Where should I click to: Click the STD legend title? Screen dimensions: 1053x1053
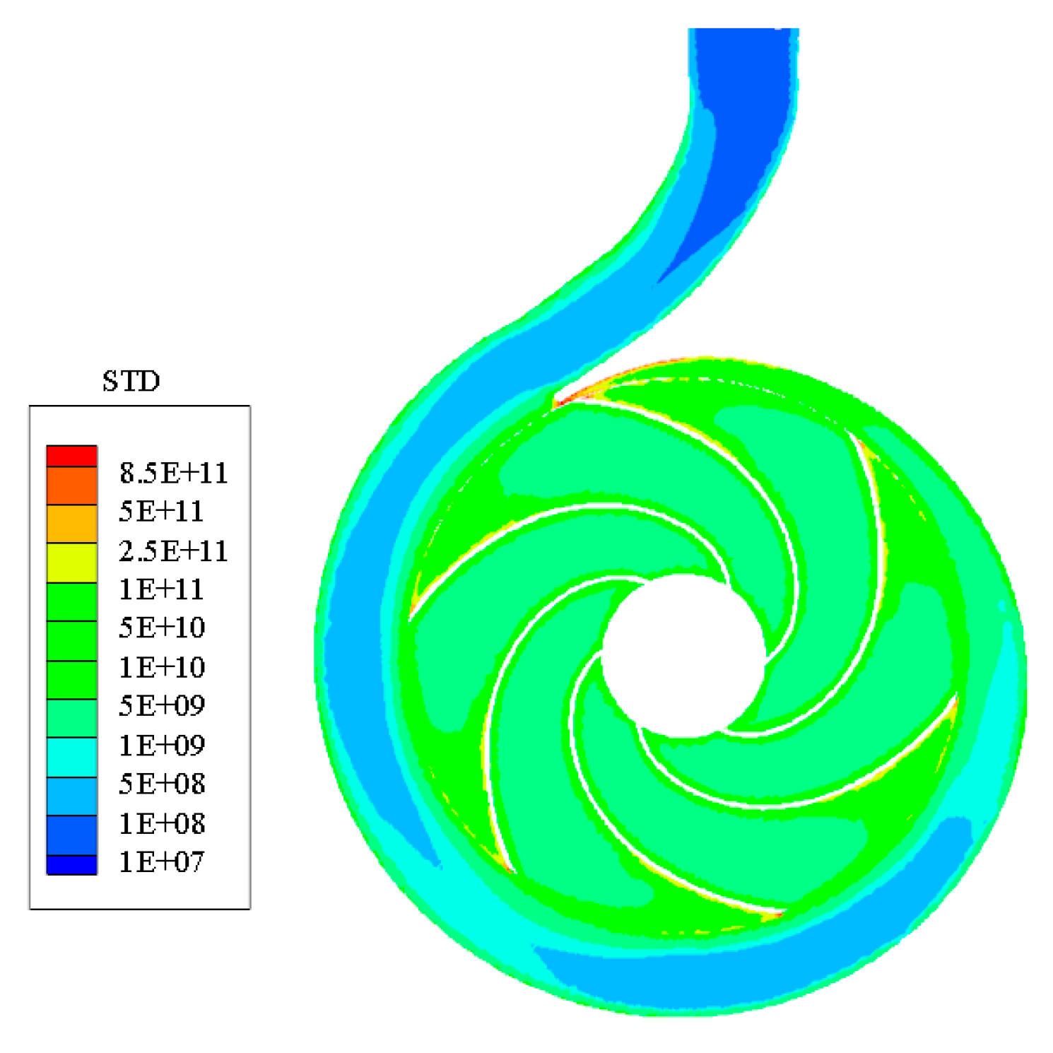131,381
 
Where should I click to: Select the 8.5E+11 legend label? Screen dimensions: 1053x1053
174,473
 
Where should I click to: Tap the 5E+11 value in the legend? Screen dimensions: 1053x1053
162,511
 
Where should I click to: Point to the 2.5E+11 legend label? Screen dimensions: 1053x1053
174,551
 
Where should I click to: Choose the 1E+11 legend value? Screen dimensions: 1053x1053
162,589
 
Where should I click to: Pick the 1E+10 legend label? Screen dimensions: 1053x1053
162,666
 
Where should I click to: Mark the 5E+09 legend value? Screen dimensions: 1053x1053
162,705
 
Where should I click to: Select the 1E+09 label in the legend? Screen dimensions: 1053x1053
162,745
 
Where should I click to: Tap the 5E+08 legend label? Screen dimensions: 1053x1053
162,784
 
